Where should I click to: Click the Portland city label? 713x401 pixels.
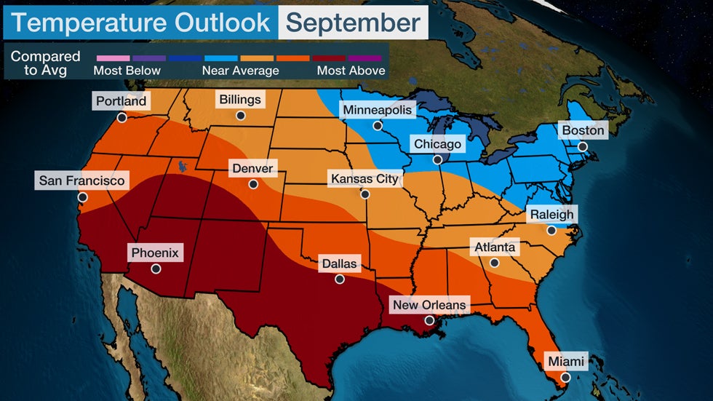pos(121,101)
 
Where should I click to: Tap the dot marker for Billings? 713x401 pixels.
pos(240,115)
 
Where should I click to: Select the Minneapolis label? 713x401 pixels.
pos(378,111)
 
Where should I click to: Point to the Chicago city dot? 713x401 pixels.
pos(437,160)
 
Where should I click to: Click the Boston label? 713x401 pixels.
pos(582,131)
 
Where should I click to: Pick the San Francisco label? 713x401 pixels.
pos(82,180)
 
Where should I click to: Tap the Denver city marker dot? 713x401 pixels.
pos(253,184)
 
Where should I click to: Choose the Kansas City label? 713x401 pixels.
pos(365,178)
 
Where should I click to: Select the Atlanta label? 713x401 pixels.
pos(495,247)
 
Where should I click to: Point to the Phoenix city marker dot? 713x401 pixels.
pos(156,269)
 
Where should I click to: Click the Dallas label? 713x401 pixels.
pos(339,263)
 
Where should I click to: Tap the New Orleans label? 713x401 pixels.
pos(429,304)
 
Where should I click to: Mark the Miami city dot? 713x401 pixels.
pos(565,377)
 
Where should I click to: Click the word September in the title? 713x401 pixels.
pos(353,23)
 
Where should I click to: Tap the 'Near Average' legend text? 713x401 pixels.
pos(240,71)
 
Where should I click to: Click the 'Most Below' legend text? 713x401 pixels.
pos(127,71)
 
